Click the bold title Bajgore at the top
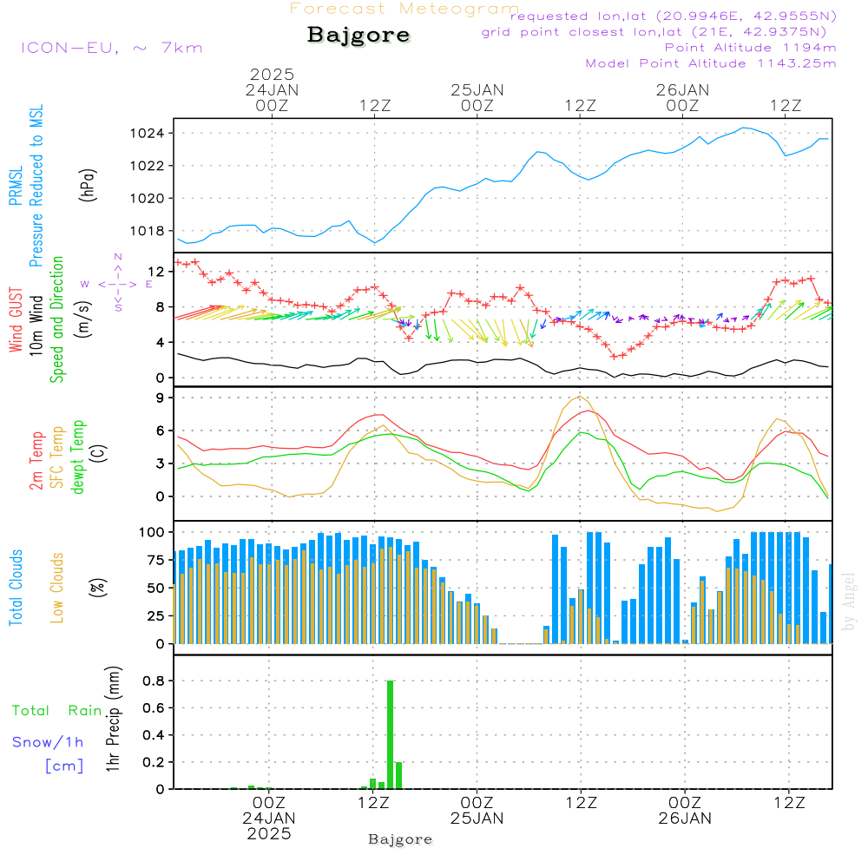click(358, 36)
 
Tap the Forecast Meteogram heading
click(404, 9)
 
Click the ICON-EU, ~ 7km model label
click(111, 47)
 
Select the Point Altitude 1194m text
click(750, 47)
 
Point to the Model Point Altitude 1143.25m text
click(711, 62)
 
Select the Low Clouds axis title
click(58, 588)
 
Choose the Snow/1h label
click(48, 742)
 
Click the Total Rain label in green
click(57, 710)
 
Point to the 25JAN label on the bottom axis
click(477, 818)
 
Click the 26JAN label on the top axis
click(682, 89)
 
